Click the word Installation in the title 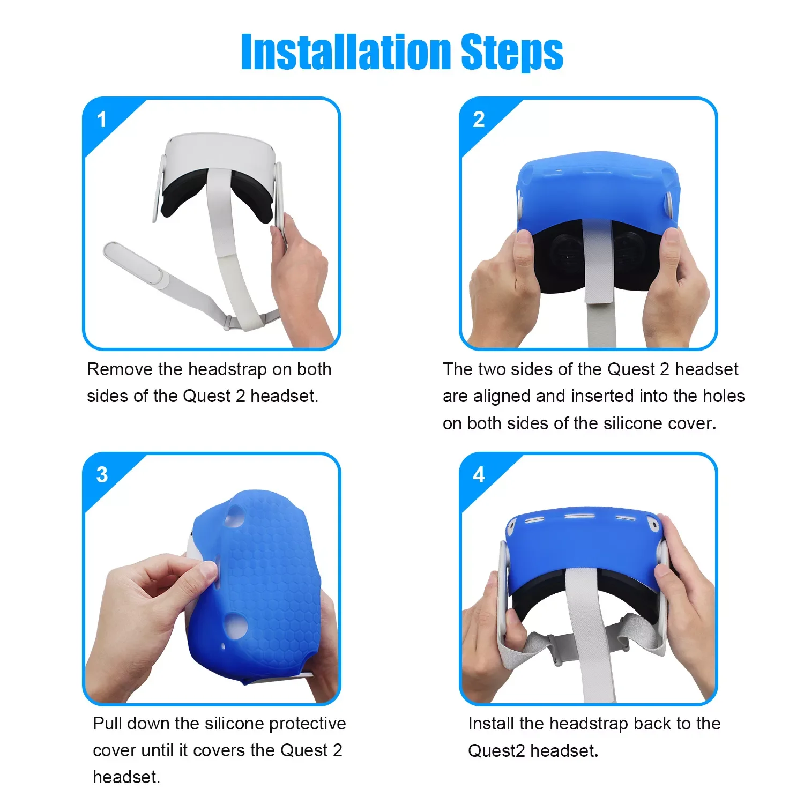click(x=346, y=52)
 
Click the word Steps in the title click(x=512, y=53)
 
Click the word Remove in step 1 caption click(x=120, y=369)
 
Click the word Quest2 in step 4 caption click(x=496, y=751)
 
